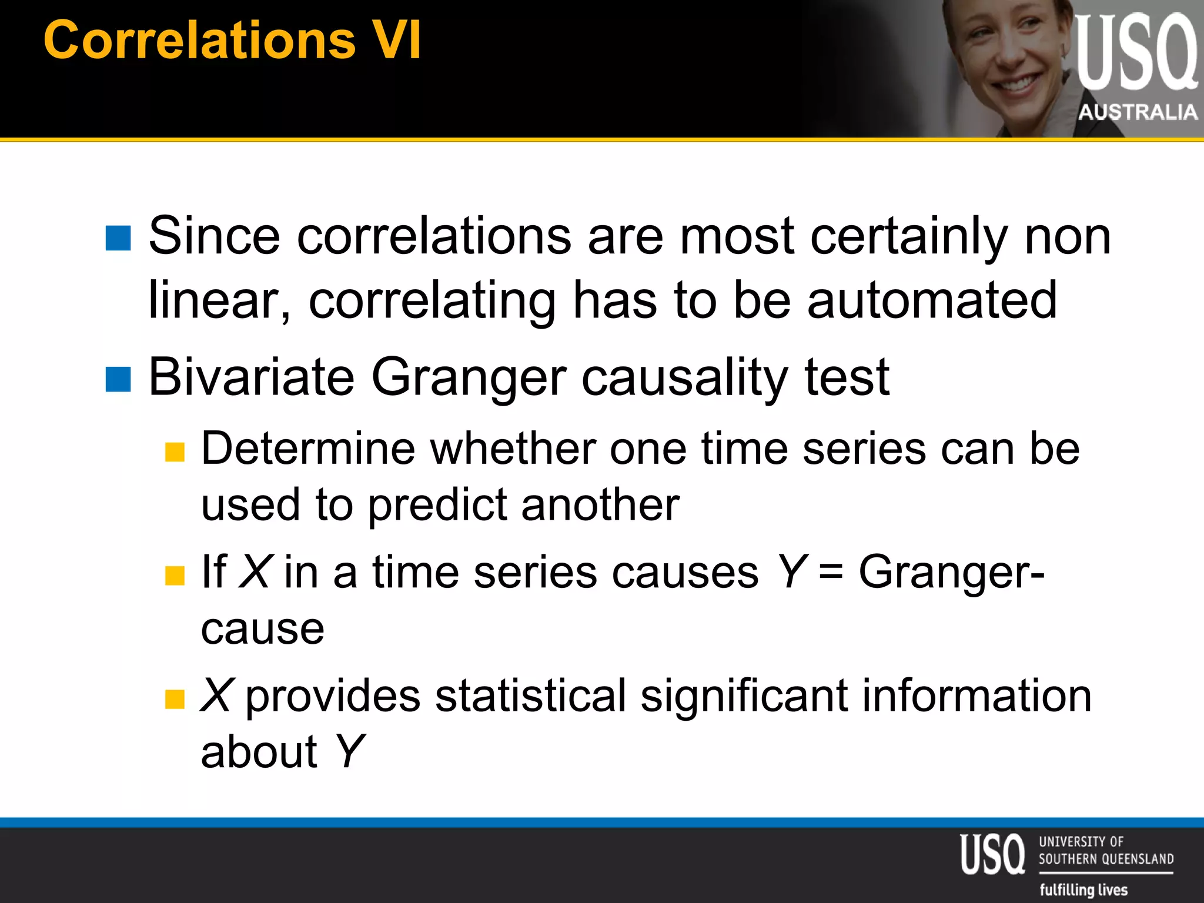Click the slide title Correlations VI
coord(232,40)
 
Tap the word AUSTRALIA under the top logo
coord(1138,112)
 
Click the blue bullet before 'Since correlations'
coord(118,238)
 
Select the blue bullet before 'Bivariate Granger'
coord(118,379)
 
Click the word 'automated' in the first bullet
coord(932,300)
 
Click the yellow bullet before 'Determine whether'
coord(175,452)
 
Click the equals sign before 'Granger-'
coord(831,572)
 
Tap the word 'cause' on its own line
coord(262,628)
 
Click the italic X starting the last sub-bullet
coord(217,695)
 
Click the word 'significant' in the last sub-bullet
coord(744,695)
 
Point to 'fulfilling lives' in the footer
coord(1083,889)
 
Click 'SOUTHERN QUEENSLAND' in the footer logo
coord(1106,859)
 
